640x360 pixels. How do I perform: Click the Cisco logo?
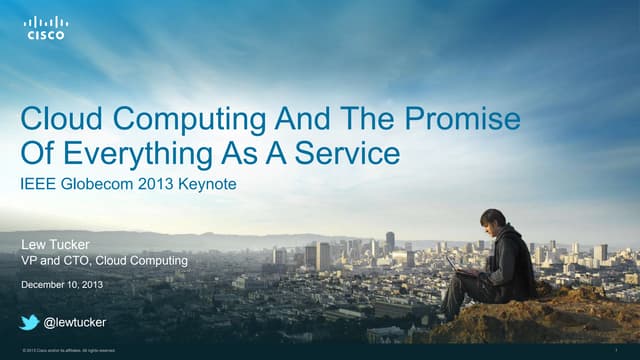point(46,27)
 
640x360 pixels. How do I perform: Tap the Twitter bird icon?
point(30,321)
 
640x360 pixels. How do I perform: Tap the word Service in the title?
point(351,154)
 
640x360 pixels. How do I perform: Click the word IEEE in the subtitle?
point(38,185)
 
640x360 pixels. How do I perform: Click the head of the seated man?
point(492,219)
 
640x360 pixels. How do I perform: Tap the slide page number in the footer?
point(631,350)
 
